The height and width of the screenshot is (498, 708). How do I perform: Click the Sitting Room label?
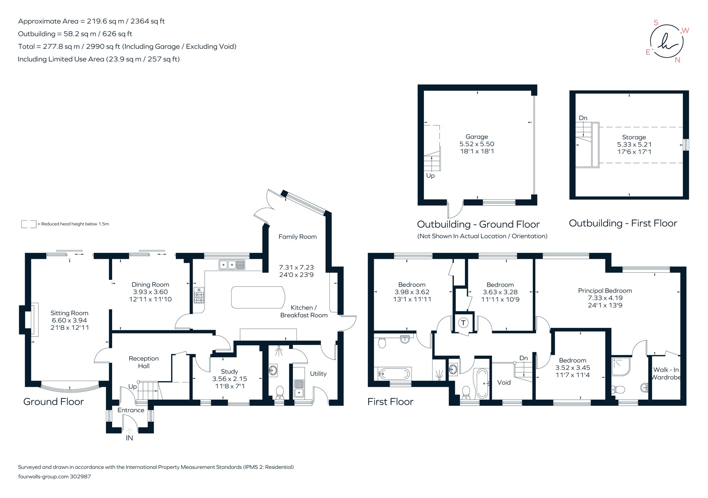point(69,313)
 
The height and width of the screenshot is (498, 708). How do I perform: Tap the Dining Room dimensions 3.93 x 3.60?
point(150,292)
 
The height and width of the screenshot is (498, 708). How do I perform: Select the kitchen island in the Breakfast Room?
point(258,297)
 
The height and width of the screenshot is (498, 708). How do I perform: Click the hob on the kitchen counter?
point(199,296)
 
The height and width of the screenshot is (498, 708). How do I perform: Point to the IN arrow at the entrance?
point(130,430)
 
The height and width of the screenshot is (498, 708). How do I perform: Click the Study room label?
point(229,371)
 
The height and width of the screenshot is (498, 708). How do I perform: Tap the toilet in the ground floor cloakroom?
point(280,391)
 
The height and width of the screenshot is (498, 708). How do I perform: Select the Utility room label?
point(318,374)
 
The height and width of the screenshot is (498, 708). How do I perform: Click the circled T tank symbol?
point(463,323)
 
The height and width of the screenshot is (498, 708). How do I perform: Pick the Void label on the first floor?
point(504,382)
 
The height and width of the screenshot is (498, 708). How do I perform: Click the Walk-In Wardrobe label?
point(666,373)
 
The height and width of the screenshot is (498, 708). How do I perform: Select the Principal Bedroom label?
point(605,291)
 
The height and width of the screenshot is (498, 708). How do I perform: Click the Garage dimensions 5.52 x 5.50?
point(477,144)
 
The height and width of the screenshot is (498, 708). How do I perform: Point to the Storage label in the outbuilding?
point(634,137)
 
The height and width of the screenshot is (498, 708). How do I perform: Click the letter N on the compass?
point(677,60)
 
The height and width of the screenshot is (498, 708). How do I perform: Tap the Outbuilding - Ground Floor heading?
point(478,224)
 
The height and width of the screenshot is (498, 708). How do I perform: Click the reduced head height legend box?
point(28,224)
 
